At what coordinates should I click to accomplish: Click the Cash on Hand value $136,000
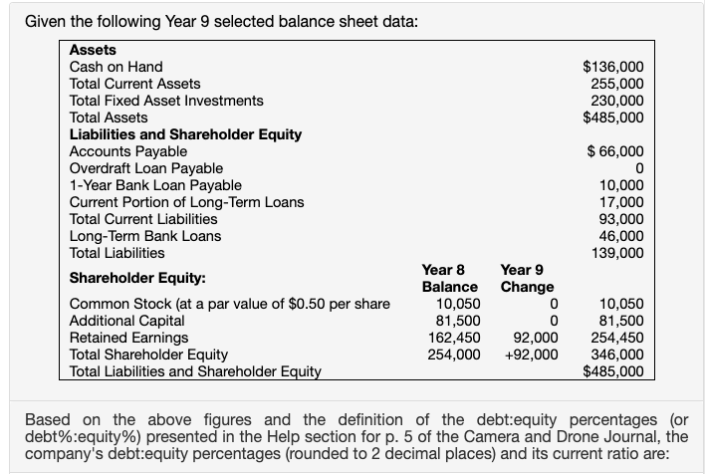(612, 67)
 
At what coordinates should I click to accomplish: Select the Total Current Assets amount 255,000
(617, 84)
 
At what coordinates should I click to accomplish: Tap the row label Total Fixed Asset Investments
(166, 101)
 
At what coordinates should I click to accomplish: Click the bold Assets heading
(93, 50)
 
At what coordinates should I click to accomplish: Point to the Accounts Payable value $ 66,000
(615, 151)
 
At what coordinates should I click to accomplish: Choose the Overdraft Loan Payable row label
(145, 168)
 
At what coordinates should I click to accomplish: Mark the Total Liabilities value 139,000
(617, 253)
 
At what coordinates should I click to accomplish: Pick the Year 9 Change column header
(528, 279)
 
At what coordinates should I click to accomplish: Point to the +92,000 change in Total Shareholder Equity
(530, 355)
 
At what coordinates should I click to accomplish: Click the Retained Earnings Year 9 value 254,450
(617, 338)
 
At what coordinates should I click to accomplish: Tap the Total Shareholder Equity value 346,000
(617, 355)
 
